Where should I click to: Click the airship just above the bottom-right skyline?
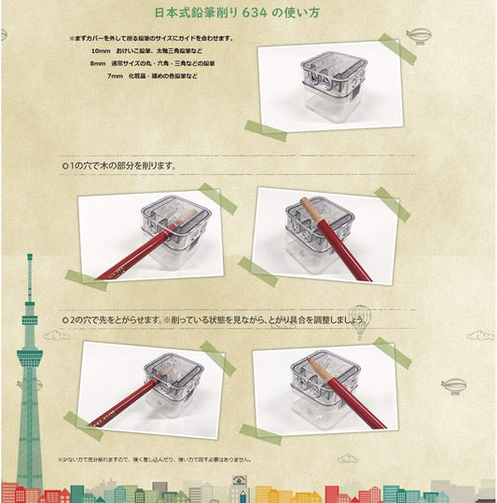click(454, 385)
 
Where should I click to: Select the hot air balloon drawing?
click(360, 319)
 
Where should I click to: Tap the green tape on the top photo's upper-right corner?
click(397, 48)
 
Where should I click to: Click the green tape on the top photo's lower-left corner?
click(265, 130)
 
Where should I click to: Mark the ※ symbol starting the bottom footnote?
click(60, 458)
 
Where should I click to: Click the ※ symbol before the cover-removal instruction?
click(72, 38)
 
